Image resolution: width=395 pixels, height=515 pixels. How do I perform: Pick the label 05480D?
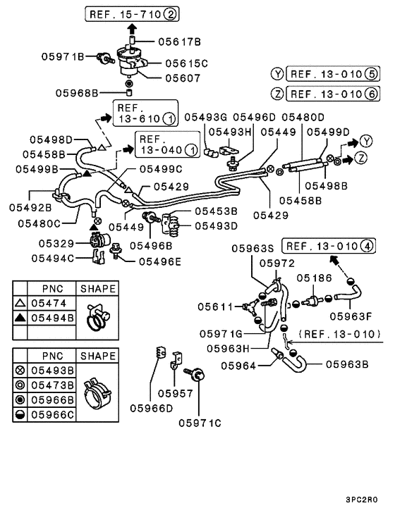(x=303, y=117)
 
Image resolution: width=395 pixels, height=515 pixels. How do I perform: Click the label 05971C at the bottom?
(x=200, y=423)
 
